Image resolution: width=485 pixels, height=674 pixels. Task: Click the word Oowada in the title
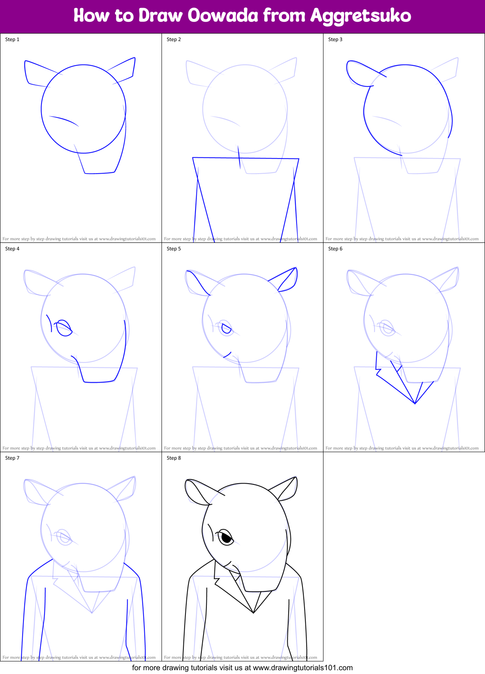coord(223,16)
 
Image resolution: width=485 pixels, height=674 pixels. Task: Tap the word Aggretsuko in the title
coord(360,16)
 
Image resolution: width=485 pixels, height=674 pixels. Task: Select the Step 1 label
coord(12,39)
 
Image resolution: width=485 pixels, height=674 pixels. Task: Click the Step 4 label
coord(12,249)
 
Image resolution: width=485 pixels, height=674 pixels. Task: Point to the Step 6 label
coord(335,249)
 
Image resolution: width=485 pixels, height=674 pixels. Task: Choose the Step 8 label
coord(174,458)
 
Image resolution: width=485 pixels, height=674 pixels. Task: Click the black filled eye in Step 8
coord(227,538)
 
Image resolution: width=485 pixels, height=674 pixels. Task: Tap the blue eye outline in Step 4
coord(64,328)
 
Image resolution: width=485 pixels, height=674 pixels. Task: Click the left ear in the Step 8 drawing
coord(196,492)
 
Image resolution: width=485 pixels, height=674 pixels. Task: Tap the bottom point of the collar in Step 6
coord(415,403)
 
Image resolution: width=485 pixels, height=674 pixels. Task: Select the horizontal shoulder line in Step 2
coord(245,158)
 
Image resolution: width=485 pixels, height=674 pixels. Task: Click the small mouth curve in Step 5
coord(227,355)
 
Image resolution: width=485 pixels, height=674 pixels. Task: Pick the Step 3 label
coord(335,39)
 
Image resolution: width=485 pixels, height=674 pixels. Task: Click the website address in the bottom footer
coord(302,668)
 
